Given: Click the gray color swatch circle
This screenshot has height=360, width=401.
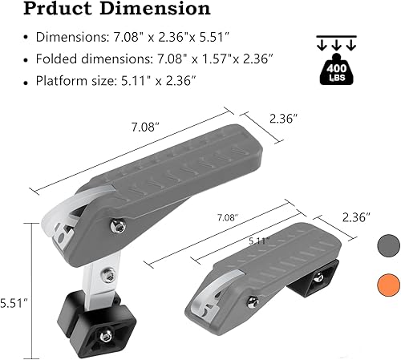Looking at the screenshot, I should point(389,243).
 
